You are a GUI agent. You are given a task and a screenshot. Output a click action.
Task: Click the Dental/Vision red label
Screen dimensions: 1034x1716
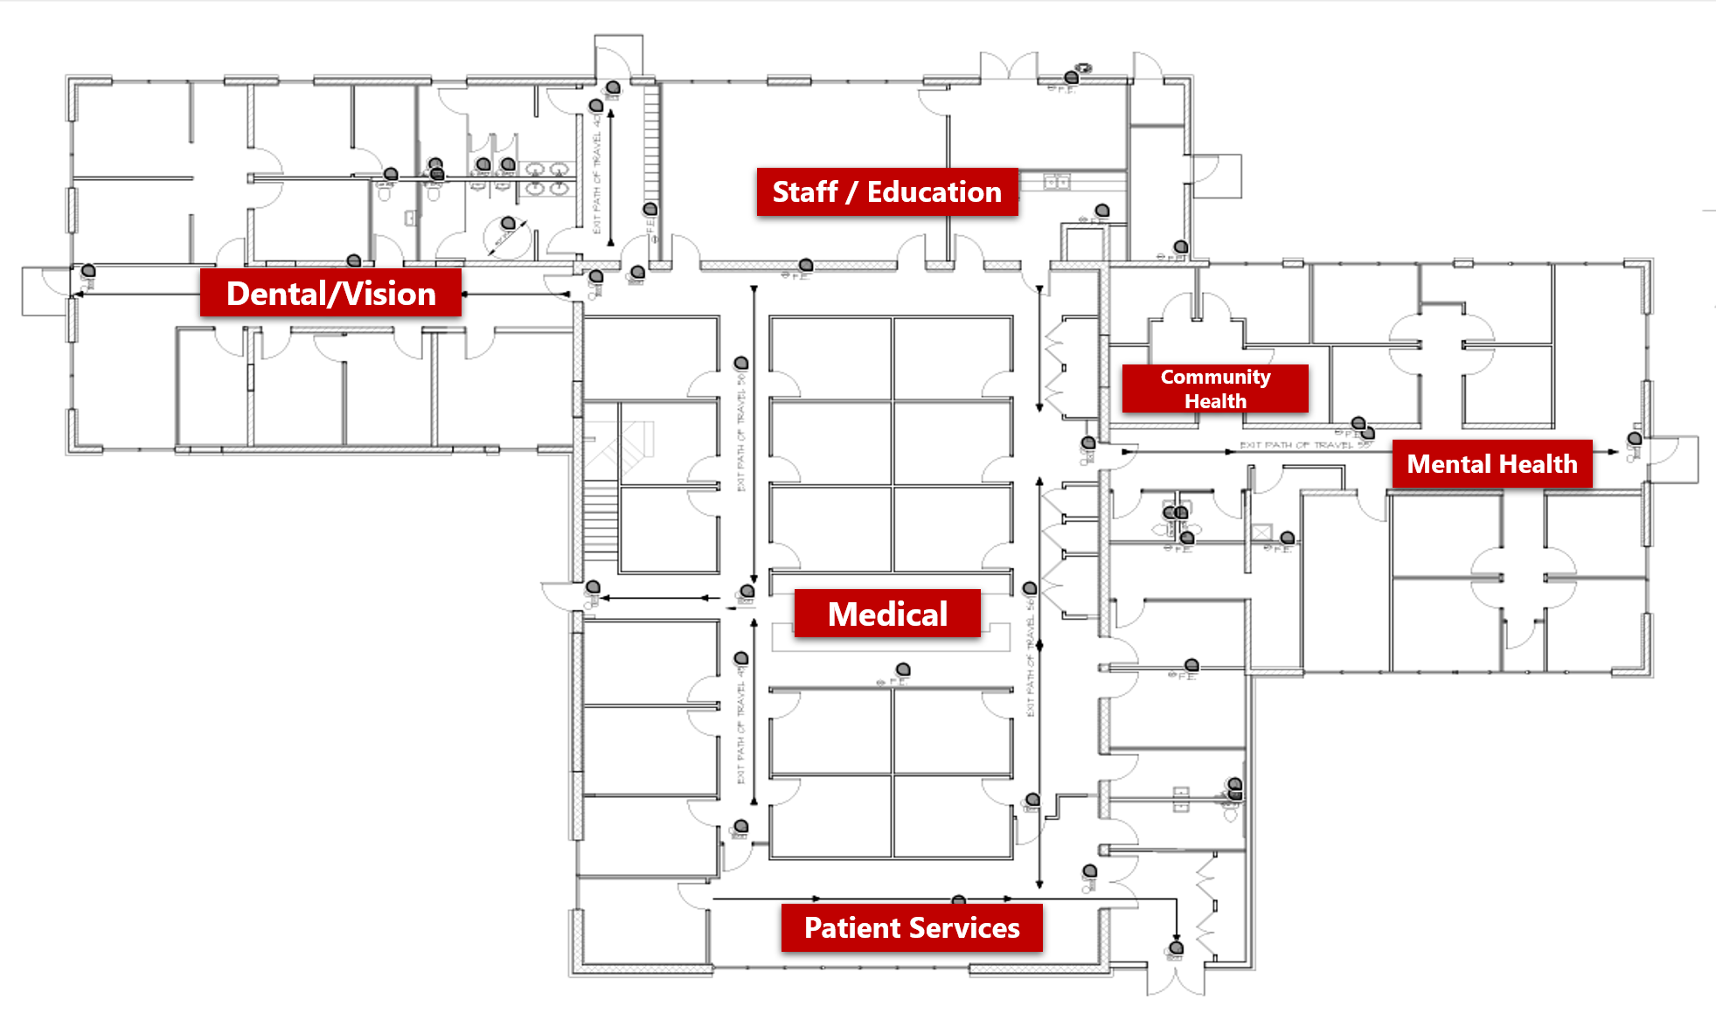click(x=330, y=294)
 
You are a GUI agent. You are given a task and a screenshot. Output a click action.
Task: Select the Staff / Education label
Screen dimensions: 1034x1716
click(x=886, y=192)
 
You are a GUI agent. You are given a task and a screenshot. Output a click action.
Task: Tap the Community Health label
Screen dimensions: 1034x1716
click(x=1215, y=389)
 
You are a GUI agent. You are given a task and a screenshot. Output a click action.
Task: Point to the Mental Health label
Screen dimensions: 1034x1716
click(x=1491, y=464)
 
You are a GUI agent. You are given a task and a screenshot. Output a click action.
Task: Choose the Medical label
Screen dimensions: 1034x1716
click(x=887, y=614)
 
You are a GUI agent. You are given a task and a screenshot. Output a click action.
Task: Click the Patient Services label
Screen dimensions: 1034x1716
click(x=911, y=927)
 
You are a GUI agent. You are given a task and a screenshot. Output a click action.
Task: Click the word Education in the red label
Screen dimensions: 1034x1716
click(x=934, y=192)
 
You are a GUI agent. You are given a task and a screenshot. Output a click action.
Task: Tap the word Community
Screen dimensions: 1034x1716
click(x=1215, y=378)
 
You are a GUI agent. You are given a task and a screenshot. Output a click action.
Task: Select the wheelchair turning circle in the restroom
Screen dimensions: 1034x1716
click(x=508, y=237)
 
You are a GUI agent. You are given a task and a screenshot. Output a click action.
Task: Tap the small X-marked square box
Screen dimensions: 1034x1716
click(x=1261, y=532)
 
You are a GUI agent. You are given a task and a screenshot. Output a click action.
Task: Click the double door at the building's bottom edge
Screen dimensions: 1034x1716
click(x=1176, y=979)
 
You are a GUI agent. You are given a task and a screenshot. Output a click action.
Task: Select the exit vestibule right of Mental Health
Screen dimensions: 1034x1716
click(x=1674, y=459)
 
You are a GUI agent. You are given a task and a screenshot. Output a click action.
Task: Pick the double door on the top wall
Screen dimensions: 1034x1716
click(x=1009, y=66)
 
